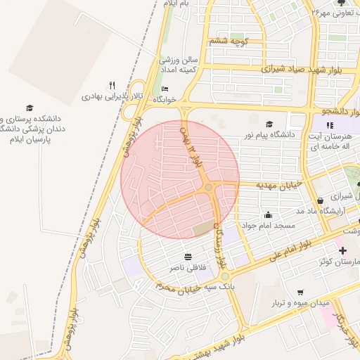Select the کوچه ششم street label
tap(229, 41)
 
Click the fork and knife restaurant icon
tap(112, 85)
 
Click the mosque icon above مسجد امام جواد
tap(268, 215)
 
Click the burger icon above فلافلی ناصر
tap(188, 257)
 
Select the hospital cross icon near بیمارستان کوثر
tap(342, 251)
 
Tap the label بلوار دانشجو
tap(337, 112)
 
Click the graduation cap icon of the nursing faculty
tap(30, 108)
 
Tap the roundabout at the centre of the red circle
tap(209, 187)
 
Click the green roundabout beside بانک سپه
tap(225, 276)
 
